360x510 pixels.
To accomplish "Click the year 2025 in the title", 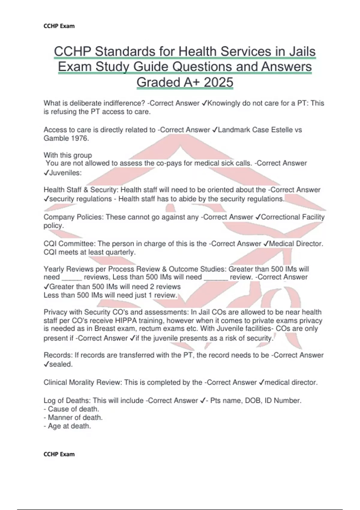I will coord(218,82).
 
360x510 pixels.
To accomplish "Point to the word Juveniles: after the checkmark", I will coord(65,173).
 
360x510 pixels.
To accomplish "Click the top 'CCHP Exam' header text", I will coord(59,26).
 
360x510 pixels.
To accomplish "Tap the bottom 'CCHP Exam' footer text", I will coord(59,454).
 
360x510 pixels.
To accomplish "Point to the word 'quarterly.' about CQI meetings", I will coord(120,252).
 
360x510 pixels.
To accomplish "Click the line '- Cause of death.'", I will coord(71,409).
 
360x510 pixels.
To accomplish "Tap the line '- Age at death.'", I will coord(67,426).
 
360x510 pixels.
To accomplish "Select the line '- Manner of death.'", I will coord(73,417).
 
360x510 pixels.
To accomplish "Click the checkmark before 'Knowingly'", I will coord(204,103).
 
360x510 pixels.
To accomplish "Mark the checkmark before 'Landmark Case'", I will coord(214,130).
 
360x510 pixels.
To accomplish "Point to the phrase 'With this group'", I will coord(68,155).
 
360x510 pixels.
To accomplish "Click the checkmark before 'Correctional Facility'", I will coord(258,217).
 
